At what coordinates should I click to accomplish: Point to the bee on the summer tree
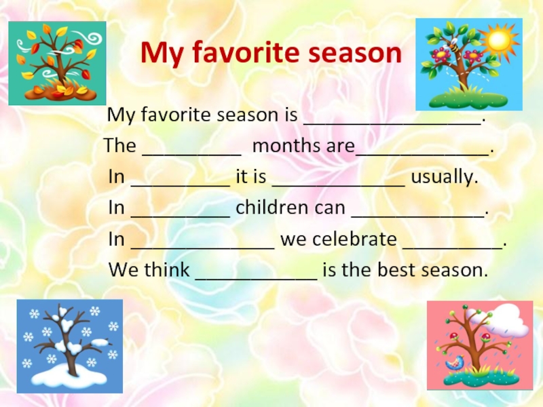453,45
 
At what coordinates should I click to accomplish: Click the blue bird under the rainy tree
454,363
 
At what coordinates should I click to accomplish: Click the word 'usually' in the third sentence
445,176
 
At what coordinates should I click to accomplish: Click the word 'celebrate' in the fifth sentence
354,239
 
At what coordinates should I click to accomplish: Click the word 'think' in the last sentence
166,269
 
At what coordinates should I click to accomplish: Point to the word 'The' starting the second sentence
120,145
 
